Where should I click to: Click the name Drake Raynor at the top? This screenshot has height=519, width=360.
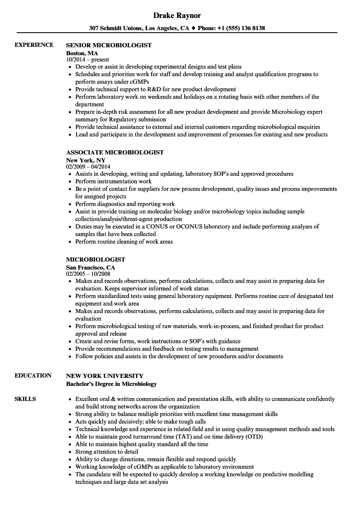coord(177,15)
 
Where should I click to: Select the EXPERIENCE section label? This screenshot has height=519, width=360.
coord(34,45)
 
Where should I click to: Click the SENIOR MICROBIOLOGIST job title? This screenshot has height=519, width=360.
coord(109,45)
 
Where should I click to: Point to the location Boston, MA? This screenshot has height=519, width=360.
coord(82,53)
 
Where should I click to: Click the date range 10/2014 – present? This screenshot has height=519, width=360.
coord(87,60)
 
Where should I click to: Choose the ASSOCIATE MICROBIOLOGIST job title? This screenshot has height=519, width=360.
coord(115,152)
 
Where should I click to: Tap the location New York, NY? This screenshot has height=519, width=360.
coord(86,160)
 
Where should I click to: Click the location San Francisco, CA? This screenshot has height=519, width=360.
coord(90,267)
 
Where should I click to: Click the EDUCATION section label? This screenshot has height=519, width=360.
coord(33,375)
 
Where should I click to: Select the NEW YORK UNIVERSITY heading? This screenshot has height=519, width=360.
coord(105,376)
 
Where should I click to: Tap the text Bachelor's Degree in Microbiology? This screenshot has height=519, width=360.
coord(111,384)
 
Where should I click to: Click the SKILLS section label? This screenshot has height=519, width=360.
coord(25,399)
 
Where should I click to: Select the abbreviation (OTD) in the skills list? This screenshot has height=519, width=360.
coord(253,437)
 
